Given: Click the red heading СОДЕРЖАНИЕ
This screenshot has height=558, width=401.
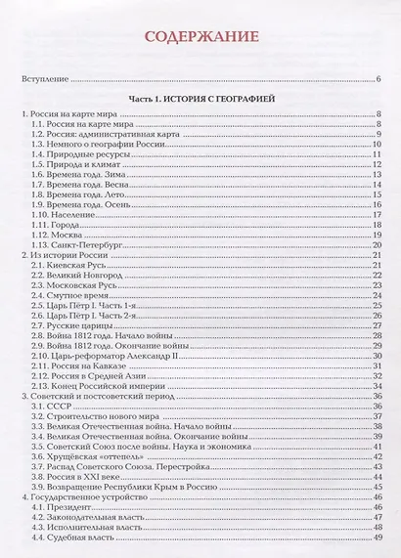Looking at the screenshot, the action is pyautogui.click(x=200, y=39).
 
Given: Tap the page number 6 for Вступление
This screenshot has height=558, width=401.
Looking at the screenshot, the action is pyautogui.click(x=378, y=79).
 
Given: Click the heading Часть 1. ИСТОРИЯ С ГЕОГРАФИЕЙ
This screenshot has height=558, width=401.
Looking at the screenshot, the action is pyautogui.click(x=200, y=100).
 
